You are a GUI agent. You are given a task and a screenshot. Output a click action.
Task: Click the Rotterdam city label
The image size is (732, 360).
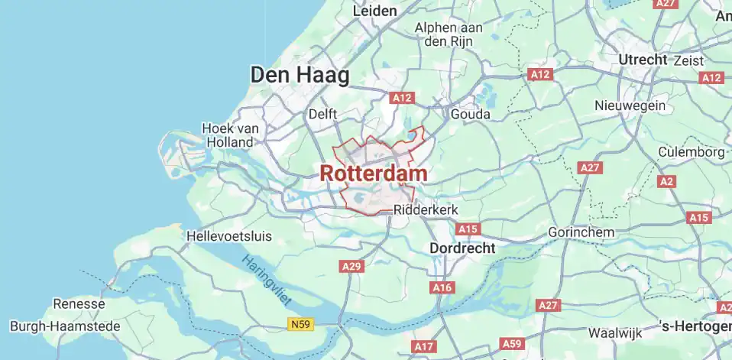[x=373, y=174]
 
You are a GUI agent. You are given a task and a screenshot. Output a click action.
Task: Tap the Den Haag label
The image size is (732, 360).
[x=300, y=75]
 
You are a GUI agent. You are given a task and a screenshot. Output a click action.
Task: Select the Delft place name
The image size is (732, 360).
[x=322, y=114]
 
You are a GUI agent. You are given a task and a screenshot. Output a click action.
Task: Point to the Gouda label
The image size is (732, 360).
[x=471, y=114]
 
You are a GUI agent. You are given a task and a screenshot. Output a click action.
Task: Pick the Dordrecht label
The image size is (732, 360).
[x=462, y=248]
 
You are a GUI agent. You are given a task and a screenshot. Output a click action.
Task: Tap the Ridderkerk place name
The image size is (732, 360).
[x=425, y=209]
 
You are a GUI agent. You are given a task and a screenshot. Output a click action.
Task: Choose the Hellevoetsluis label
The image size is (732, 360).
[x=232, y=237]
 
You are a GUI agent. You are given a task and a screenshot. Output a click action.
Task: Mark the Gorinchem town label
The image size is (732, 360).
[x=581, y=232]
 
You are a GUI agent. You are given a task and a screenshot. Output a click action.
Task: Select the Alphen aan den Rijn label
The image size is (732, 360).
[x=448, y=34]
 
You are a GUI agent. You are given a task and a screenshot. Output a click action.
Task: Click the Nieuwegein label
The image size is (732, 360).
[x=630, y=106]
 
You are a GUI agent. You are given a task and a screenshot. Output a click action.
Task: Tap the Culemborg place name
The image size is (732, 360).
[x=692, y=152]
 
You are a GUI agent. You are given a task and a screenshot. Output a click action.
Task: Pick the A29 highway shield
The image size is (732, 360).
[x=351, y=266]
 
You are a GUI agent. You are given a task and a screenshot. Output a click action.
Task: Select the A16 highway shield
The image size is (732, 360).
[x=442, y=287]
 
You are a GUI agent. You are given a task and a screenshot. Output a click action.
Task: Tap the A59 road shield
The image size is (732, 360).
[x=512, y=343]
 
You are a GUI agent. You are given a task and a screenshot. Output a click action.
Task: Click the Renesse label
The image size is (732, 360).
[x=79, y=304]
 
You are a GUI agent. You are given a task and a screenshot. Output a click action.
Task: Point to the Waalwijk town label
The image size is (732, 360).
[x=614, y=333]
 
